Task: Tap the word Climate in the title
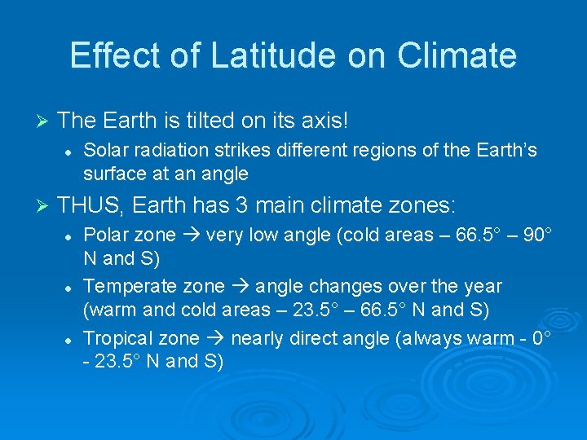[457, 55]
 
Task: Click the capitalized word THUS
[90, 204]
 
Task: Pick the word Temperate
[123, 286]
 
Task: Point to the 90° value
[537, 235]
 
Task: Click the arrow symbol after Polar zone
[192, 235]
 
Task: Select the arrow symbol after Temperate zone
[241, 286]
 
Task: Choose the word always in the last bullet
[429, 338]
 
